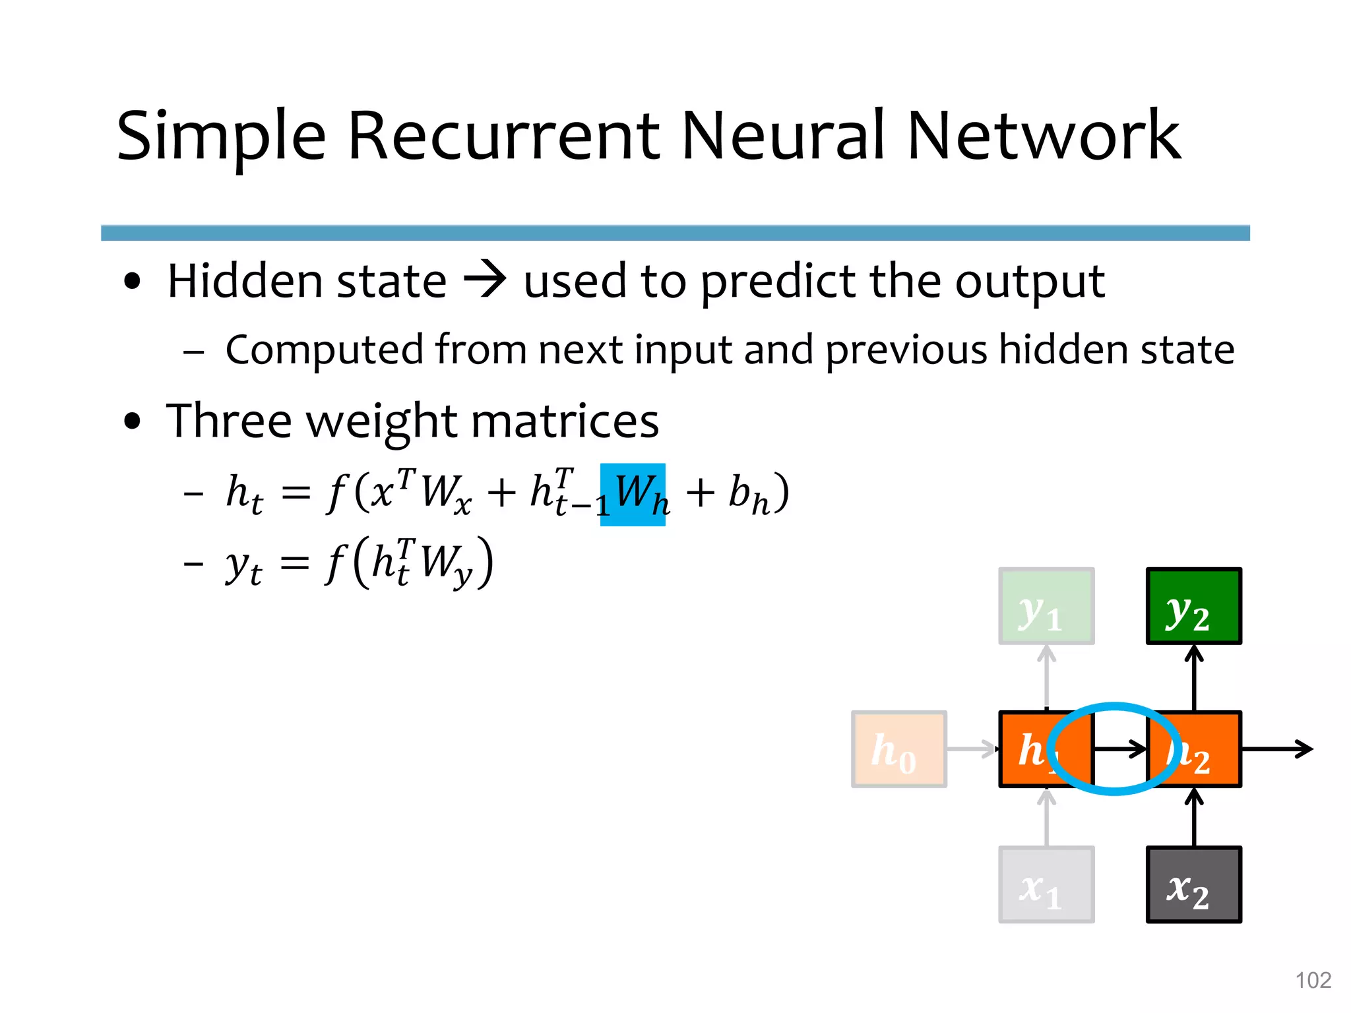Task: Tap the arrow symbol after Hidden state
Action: click(x=485, y=280)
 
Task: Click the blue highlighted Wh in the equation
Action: click(x=633, y=495)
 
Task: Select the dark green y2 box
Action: click(x=1194, y=605)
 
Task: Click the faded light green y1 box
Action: click(x=1046, y=605)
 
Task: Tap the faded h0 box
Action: click(x=898, y=749)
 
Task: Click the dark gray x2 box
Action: click(x=1194, y=884)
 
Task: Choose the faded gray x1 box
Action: click(x=1046, y=884)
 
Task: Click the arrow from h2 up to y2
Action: click(x=1194, y=677)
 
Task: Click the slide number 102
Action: click(x=1313, y=980)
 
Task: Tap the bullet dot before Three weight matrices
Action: click(x=133, y=421)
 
